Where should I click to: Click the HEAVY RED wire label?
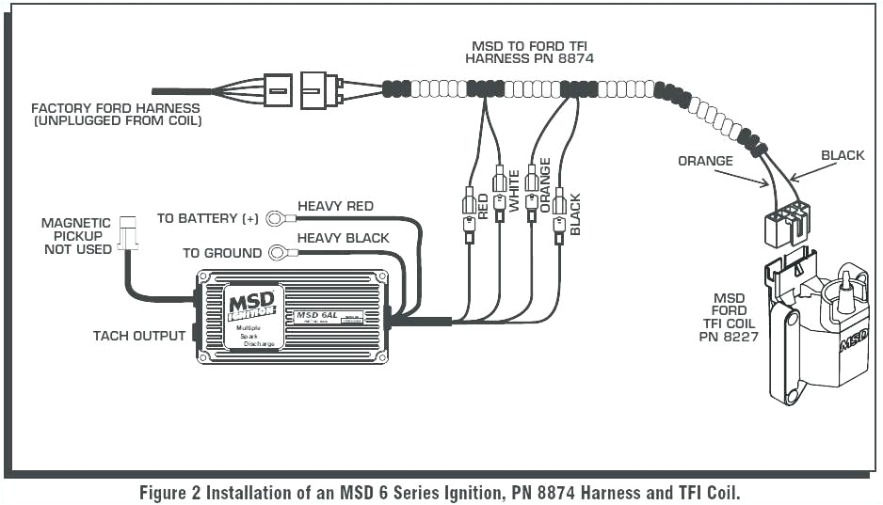click(x=335, y=206)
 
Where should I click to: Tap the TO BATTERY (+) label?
click(x=207, y=218)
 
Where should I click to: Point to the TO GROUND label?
click(x=222, y=253)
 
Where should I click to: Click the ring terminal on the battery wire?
click(x=276, y=219)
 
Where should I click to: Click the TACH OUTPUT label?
click(x=138, y=336)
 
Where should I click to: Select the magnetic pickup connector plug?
click(x=128, y=235)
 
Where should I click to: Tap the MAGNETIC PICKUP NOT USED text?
click(x=76, y=236)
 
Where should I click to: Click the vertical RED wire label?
click(x=483, y=206)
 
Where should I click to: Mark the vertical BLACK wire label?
click(x=575, y=213)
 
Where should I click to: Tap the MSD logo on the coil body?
click(x=853, y=339)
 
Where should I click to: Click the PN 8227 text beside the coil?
click(x=722, y=335)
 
